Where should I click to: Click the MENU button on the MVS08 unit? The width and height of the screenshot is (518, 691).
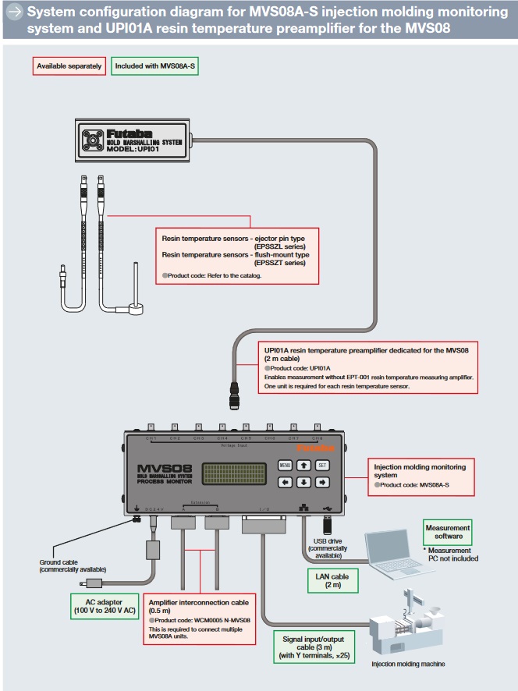coord(286,465)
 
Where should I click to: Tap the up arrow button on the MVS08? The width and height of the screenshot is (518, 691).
coord(303,465)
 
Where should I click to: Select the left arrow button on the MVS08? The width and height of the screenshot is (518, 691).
coord(286,482)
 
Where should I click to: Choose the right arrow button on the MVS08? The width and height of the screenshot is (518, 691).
coord(321,482)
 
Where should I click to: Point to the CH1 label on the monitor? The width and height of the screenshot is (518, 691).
coord(151,438)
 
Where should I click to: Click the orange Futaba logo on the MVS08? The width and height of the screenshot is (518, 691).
coord(318,448)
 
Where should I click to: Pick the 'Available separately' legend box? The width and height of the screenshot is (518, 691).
coord(69,66)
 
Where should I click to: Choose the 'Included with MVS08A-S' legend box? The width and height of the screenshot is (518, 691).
coord(155,66)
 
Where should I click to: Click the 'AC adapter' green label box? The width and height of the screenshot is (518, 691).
coord(102,604)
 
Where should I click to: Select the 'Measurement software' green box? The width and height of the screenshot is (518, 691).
coord(448,532)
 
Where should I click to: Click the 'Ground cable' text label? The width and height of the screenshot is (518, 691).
coord(72,565)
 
